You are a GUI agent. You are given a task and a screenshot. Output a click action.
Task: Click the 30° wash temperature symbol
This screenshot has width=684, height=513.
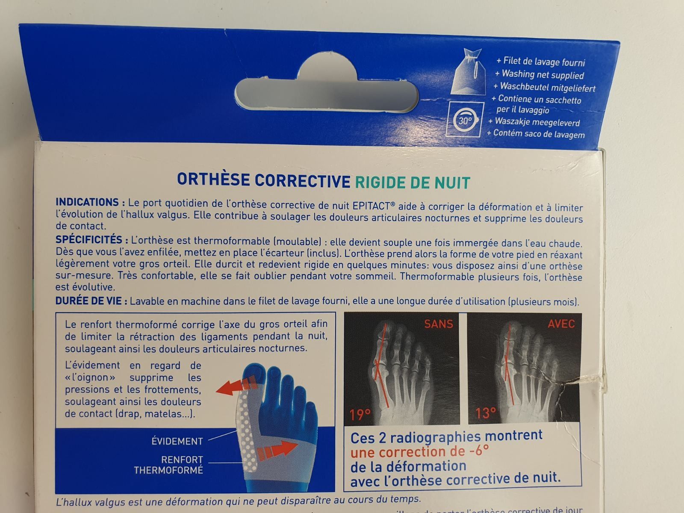click(465, 120)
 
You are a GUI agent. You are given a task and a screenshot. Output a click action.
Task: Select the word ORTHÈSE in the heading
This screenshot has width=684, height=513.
click(213, 180)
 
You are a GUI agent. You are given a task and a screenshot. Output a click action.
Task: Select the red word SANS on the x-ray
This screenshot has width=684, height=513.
click(439, 324)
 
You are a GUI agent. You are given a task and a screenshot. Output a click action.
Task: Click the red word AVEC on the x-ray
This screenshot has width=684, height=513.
click(561, 324)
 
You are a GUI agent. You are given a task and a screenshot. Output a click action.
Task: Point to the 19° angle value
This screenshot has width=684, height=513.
click(360, 415)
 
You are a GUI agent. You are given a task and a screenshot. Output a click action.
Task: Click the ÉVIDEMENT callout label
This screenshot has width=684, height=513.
click(177, 441)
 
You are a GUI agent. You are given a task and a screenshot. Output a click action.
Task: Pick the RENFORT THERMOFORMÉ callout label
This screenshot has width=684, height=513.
click(168, 465)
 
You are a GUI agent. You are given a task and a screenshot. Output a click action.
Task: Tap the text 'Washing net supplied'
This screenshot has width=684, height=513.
click(540, 75)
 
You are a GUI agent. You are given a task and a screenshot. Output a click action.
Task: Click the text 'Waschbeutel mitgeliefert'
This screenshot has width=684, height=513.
click(544, 87)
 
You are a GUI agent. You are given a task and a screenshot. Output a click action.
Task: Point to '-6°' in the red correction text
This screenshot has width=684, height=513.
click(479, 451)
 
